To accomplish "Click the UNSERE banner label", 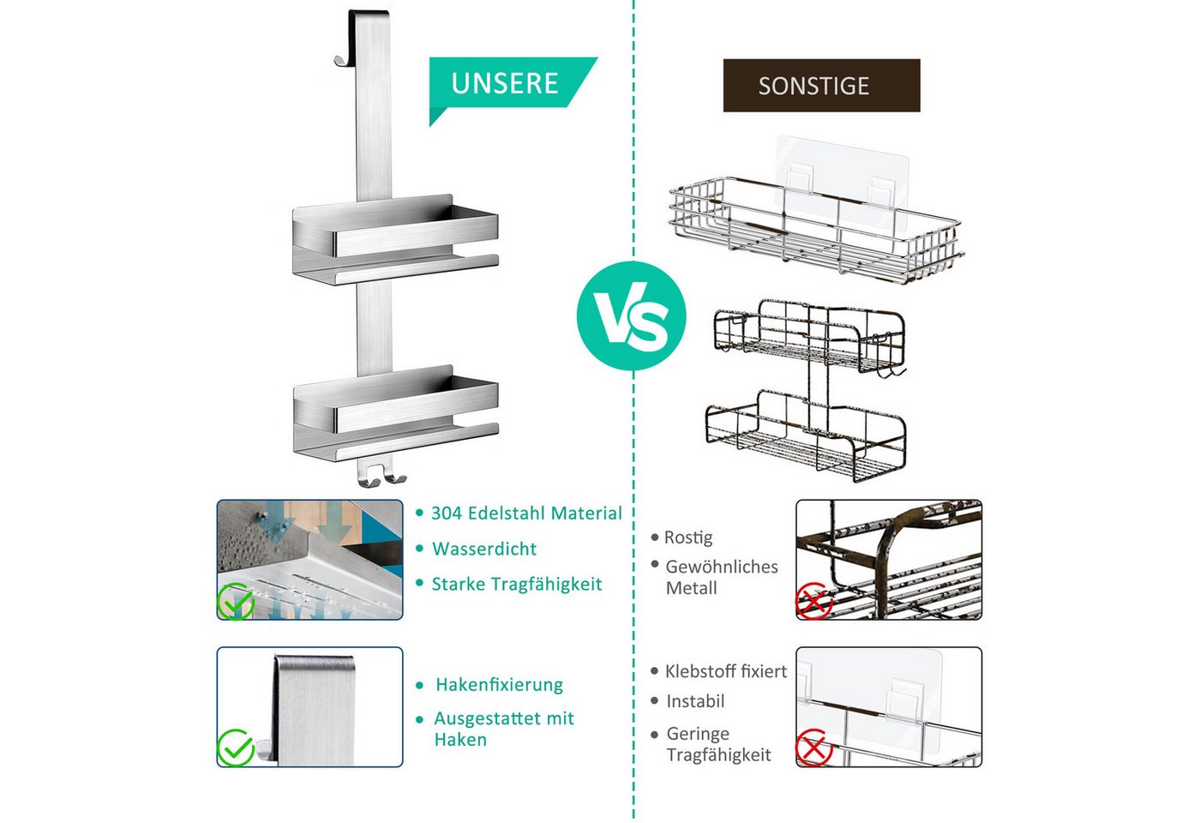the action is click(505, 84).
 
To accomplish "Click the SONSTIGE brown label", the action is click(821, 86).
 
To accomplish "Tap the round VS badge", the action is click(632, 315).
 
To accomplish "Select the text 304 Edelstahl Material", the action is click(526, 514).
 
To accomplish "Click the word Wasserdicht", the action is click(484, 549).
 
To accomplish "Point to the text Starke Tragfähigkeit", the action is click(517, 584).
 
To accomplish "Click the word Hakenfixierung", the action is click(499, 685).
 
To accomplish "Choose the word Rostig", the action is click(688, 538).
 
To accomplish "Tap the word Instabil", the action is click(695, 701).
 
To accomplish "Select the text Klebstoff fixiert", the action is click(726, 671).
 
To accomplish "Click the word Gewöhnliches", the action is click(722, 567).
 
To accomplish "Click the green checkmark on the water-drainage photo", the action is click(236, 601).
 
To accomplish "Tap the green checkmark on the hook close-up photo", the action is click(236, 748).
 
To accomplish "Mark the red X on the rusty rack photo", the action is click(814, 601).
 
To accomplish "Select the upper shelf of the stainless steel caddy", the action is click(395, 239).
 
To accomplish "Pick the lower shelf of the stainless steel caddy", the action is click(396, 412).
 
